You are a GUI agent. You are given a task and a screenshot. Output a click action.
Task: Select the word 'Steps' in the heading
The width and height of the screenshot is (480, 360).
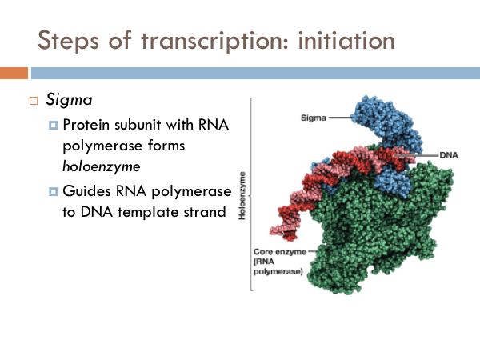(68, 42)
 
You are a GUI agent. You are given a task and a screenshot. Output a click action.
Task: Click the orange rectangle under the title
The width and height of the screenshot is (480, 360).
(14, 73)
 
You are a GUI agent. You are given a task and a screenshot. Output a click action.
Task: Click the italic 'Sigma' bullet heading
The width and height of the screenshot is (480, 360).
(69, 100)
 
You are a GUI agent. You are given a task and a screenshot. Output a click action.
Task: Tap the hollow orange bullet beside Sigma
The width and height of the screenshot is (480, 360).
(34, 101)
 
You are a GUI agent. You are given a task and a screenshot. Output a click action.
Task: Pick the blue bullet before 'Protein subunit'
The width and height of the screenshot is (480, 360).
(54, 125)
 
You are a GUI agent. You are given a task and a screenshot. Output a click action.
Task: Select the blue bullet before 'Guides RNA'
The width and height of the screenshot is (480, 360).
(54, 192)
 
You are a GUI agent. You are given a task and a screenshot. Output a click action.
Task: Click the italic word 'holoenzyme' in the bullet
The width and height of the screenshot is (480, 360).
(102, 167)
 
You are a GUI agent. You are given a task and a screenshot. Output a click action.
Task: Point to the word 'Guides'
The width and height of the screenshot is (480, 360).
(87, 191)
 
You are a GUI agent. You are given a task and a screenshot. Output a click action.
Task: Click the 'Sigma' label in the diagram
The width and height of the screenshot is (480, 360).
(313, 118)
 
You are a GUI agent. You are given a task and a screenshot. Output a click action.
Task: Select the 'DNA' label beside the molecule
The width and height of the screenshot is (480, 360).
(449, 155)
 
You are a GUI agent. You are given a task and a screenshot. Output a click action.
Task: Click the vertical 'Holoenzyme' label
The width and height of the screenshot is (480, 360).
(242, 195)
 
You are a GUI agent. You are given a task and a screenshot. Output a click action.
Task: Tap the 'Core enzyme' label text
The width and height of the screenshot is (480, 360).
(280, 252)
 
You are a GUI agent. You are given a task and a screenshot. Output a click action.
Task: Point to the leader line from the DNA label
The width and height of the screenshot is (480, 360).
(416, 155)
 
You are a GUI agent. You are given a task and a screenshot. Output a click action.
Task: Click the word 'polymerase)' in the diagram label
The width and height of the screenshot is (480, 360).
(278, 271)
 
